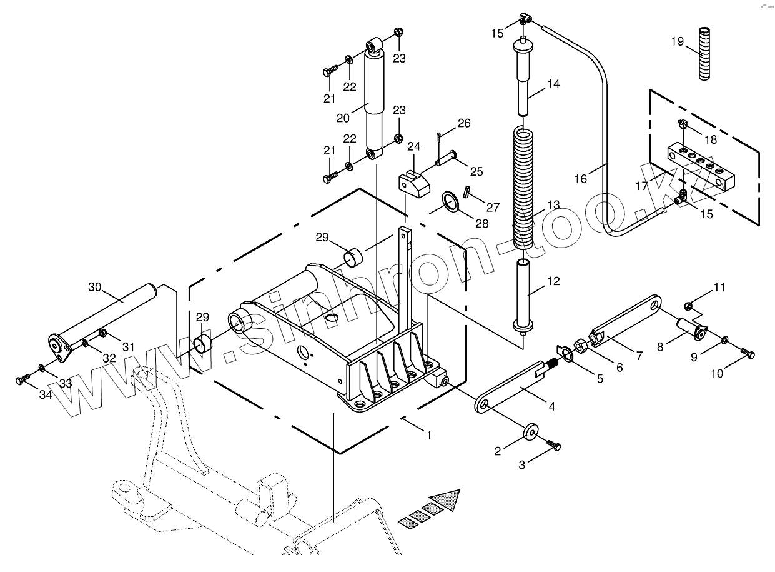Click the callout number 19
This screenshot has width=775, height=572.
678,42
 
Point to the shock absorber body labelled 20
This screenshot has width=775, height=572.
375,103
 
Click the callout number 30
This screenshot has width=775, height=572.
94,287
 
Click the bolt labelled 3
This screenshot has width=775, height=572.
554,445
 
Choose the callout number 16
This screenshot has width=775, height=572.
581,179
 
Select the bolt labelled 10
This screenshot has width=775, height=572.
748,354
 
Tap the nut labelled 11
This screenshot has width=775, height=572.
688,306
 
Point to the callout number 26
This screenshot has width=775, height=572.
463,123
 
